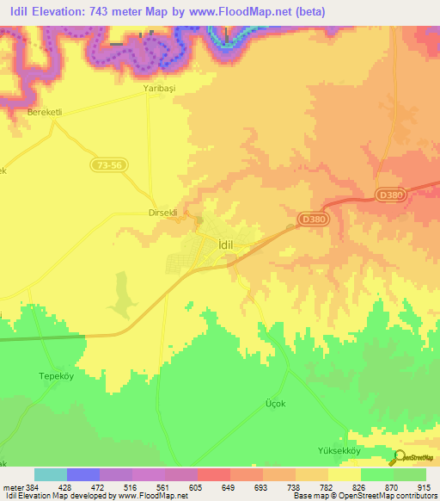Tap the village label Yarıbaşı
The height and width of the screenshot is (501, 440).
[159, 89]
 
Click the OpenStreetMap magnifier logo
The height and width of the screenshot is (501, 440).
[398, 458]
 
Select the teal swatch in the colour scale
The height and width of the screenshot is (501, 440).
[51, 474]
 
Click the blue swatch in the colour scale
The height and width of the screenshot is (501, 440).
[83, 474]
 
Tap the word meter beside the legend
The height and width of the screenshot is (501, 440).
[10, 486]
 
